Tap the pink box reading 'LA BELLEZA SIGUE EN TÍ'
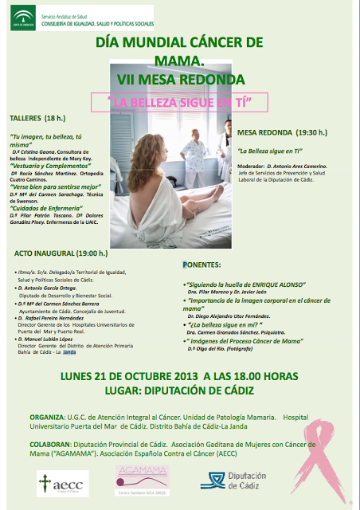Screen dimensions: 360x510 tap(178, 102)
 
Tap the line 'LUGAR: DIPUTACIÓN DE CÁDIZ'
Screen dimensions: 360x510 tap(180, 390)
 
